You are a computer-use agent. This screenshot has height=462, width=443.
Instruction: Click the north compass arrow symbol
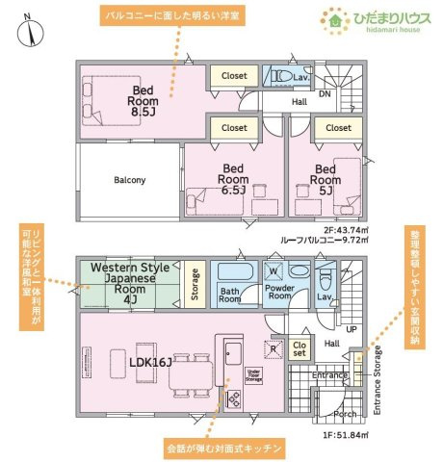[x=33, y=31]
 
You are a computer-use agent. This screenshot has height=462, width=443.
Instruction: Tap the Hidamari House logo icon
[x=333, y=18]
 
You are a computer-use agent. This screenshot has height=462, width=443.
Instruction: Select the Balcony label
[x=129, y=180]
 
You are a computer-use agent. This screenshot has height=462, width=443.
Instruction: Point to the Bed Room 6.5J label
[x=233, y=177]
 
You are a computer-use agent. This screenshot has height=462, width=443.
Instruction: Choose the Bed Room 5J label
[x=326, y=177]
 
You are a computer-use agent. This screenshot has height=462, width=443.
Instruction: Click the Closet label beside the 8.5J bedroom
[x=234, y=75]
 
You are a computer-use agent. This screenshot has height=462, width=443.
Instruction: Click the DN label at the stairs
[x=325, y=94]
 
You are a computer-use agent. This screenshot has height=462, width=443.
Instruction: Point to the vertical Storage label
[x=195, y=285]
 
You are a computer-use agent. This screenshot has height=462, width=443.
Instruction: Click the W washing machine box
[x=274, y=270]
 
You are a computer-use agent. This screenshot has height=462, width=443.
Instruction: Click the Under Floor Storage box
[x=254, y=374]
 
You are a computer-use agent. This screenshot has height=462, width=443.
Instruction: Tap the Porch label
[x=345, y=414]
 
